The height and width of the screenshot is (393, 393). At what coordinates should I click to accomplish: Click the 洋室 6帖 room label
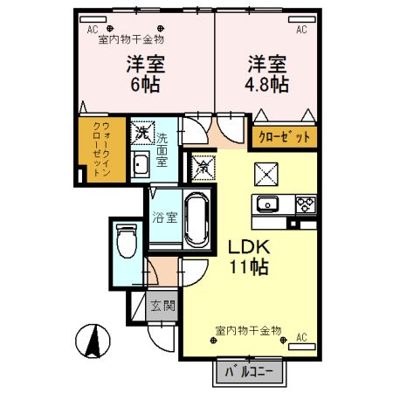tap(146, 74)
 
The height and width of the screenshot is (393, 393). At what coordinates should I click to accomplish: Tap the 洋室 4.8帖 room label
tap(265, 74)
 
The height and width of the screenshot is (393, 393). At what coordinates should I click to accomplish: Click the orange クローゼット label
tap(284, 137)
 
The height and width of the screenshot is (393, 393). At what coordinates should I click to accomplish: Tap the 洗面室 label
tap(162, 149)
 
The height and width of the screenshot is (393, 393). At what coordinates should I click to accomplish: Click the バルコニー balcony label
tap(250, 372)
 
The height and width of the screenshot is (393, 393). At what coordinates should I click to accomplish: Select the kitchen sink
tap(267, 206)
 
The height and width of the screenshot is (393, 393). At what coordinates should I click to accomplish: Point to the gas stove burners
tap(306, 206)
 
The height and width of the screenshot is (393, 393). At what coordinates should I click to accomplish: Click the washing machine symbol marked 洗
tap(141, 134)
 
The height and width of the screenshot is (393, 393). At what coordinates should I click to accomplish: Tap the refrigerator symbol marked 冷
tap(201, 164)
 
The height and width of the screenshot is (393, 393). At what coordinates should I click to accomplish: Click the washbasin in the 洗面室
tap(141, 163)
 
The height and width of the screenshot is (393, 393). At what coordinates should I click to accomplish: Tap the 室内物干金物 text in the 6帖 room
tap(132, 39)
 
